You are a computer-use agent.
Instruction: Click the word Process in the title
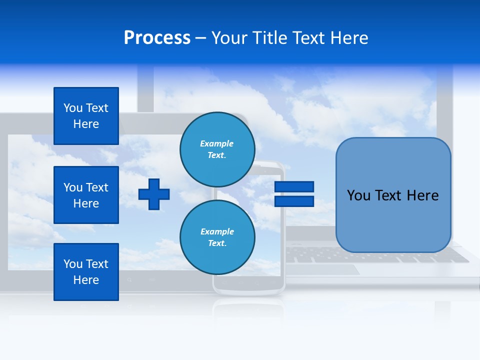[157, 38]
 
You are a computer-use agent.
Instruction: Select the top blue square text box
[86, 116]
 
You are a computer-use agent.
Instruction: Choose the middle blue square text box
[86, 195]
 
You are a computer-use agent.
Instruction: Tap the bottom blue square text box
[86, 272]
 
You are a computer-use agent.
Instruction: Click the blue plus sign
[154, 193]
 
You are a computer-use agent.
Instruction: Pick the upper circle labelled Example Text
[217, 149]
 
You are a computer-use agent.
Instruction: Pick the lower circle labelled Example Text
[217, 237]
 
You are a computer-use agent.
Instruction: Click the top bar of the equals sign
[294, 186]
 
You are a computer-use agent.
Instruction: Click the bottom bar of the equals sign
[294, 201]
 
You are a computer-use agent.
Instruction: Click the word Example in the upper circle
[216, 143]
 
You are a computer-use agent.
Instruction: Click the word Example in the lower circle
[217, 231]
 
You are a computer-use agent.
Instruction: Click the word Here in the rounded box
[422, 195]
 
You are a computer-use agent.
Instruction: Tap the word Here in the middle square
[86, 203]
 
